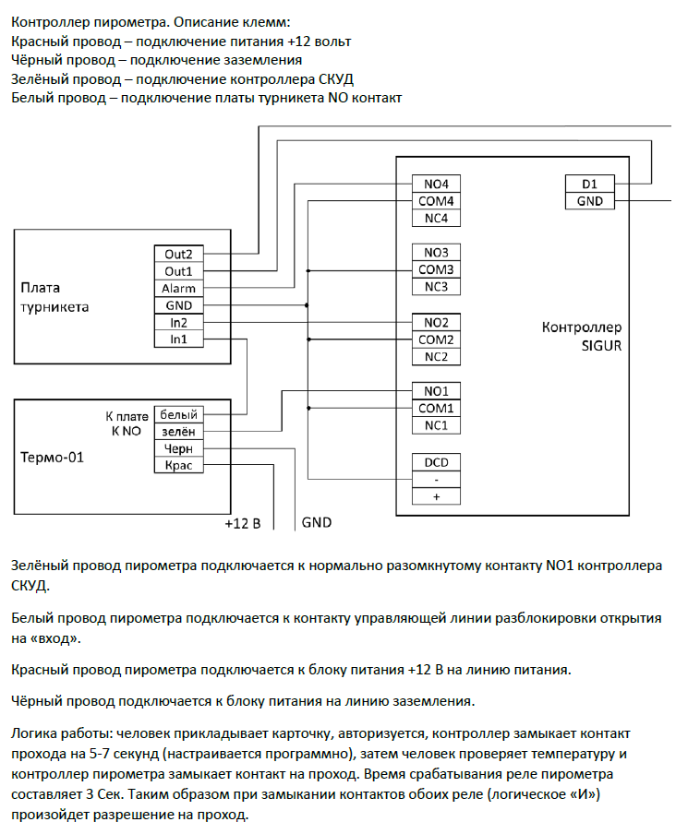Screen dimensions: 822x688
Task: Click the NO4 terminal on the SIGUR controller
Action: pyautogui.click(x=436, y=184)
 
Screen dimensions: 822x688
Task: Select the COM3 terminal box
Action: pyautogui.click(x=436, y=269)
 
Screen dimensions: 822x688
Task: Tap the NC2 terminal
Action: pyautogui.click(x=436, y=356)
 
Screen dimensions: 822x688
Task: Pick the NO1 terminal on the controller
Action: pyautogui.click(x=436, y=391)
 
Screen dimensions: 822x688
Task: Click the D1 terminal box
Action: pyautogui.click(x=589, y=184)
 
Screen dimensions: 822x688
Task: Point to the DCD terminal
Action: pyautogui.click(x=436, y=461)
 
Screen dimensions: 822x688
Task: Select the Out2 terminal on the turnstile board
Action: pyautogui.click(x=178, y=254)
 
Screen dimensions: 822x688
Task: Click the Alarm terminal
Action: pyautogui.click(x=178, y=289)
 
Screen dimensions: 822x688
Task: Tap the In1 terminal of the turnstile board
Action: pyautogui.click(x=178, y=340)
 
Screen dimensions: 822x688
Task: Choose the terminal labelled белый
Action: pyautogui.click(x=178, y=414)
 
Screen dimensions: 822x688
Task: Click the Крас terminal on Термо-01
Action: pyautogui.click(x=178, y=466)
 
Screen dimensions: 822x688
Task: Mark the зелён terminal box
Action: pyautogui.click(x=178, y=431)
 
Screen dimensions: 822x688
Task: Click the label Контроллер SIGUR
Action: pyautogui.click(x=581, y=335)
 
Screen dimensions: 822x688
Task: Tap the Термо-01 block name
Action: pyautogui.click(x=52, y=456)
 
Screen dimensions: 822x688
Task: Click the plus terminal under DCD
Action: pyautogui.click(x=436, y=496)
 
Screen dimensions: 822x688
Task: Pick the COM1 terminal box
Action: pyautogui.click(x=436, y=408)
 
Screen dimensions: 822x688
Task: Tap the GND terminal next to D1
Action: pyautogui.click(x=589, y=201)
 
